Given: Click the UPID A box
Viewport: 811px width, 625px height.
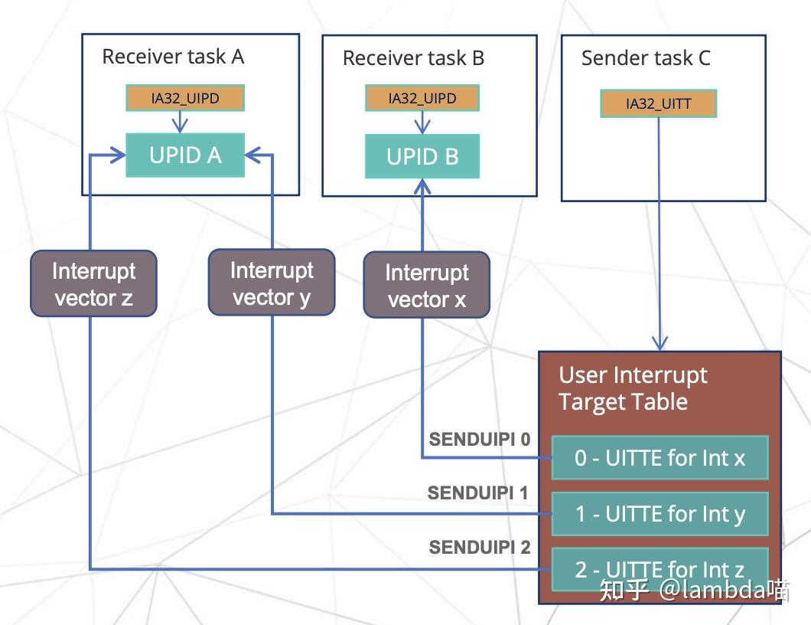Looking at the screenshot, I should click(185, 155).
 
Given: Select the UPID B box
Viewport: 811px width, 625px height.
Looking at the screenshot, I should click(422, 157).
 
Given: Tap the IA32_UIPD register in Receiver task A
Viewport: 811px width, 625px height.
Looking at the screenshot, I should click(185, 98).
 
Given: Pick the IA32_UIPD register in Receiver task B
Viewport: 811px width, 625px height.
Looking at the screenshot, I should click(422, 99).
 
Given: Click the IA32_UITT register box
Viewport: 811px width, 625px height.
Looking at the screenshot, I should click(658, 104).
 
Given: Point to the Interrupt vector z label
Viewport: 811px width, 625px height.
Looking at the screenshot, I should click(93, 284).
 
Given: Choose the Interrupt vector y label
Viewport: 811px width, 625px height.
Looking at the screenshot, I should click(272, 283).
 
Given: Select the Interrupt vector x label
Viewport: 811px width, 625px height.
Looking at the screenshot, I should click(426, 285).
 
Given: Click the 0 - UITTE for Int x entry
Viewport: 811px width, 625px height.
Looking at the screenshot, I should click(660, 458).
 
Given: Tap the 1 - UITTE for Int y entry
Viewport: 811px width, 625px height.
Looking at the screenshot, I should click(660, 513).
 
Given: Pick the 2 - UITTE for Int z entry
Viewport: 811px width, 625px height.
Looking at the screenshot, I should click(660, 569).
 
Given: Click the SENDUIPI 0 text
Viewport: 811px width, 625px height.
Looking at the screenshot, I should click(480, 440).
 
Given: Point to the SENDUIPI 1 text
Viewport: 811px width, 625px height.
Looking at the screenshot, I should click(478, 492).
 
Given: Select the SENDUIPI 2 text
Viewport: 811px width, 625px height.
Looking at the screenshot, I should click(480, 547).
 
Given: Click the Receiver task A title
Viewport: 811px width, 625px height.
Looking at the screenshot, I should click(173, 57).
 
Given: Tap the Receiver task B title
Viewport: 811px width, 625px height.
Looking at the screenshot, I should click(413, 58).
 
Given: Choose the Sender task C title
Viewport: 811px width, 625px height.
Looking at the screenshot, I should click(646, 58).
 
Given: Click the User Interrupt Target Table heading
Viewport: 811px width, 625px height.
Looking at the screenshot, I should click(633, 388).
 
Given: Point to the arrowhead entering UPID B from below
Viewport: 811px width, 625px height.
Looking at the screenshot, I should click(422, 185).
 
